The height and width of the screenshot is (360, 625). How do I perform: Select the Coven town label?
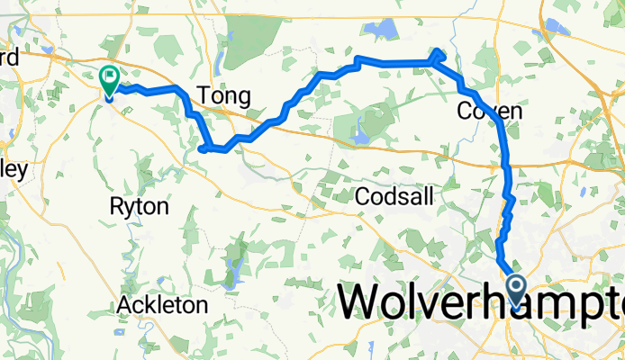tap(490, 111)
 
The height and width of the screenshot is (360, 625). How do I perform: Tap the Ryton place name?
tap(139, 206)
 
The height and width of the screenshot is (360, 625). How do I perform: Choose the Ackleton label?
tap(162, 306)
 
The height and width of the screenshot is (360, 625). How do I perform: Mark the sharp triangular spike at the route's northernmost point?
tap(438, 53)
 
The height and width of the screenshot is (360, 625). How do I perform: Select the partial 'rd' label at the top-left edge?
tap(9, 53)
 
